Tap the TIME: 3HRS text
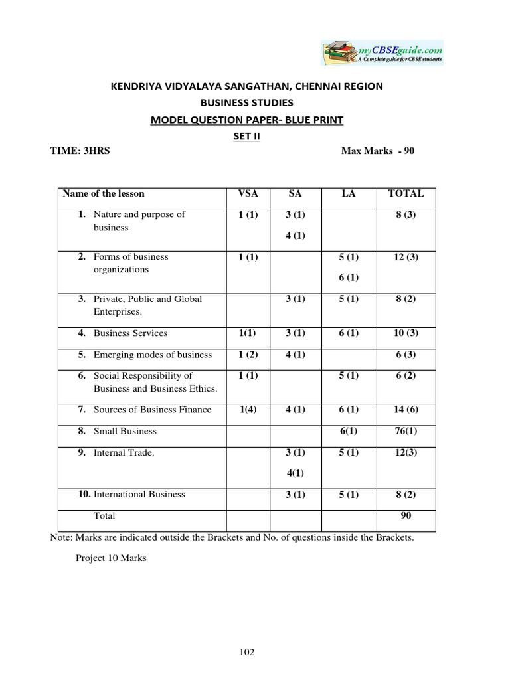point(80,151)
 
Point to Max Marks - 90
point(377,151)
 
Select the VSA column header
point(248,193)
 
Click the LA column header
point(349,193)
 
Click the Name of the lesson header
point(104,193)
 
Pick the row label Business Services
point(130,333)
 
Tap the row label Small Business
point(125,431)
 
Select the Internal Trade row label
point(124,452)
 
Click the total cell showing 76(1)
point(405,431)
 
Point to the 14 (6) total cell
point(405,410)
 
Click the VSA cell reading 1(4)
point(248,410)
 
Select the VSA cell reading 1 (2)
point(248,355)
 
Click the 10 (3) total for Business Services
point(405,333)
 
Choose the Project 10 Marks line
point(111,558)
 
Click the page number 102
point(247,652)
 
